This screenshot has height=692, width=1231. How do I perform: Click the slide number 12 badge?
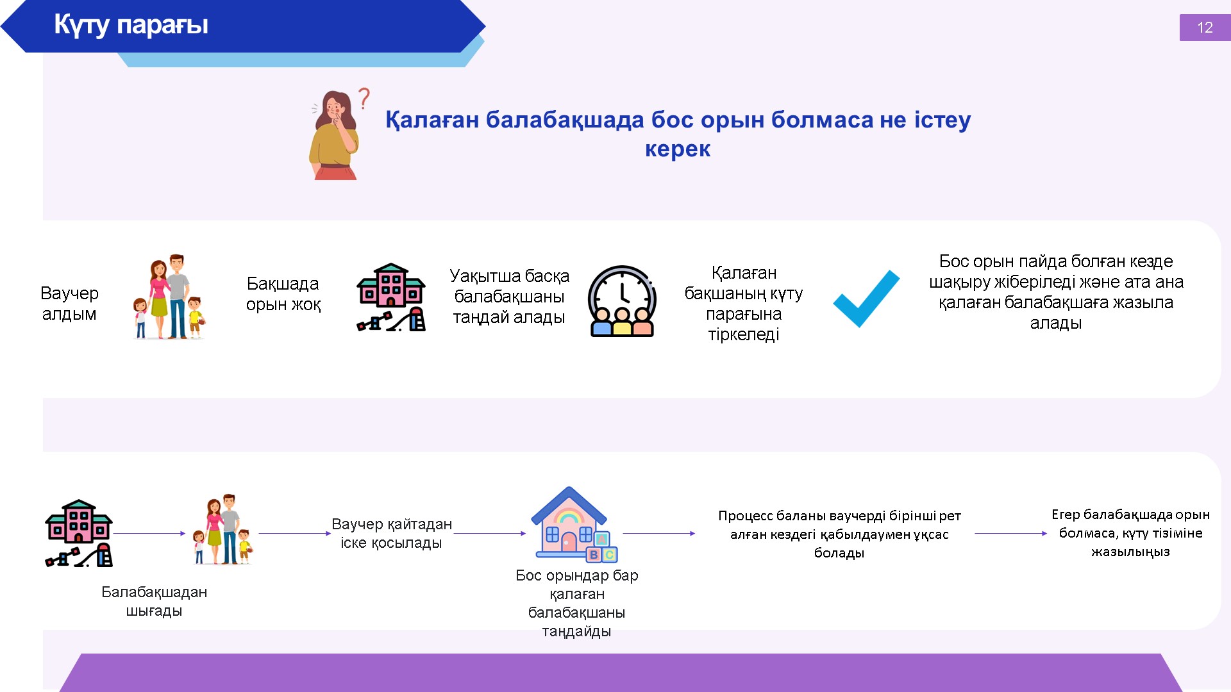coord(1205,28)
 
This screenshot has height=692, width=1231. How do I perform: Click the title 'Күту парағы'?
coord(131,25)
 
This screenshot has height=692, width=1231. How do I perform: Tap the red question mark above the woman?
coord(364,98)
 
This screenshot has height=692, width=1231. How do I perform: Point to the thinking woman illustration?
coord(334,135)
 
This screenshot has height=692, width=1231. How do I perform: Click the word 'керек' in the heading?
coord(678,149)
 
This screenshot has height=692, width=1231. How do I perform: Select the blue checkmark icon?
coord(866,299)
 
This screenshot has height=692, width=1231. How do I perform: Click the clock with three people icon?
coord(622,301)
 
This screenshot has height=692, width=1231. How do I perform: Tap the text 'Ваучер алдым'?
coord(69,303)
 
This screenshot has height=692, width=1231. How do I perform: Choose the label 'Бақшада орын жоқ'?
coord(283,293)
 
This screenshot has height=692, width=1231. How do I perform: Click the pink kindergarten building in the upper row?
coord(391,297)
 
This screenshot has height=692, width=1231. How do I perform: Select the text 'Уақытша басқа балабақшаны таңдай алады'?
coord(509,296)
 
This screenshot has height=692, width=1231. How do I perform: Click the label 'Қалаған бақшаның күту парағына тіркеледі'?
coord(744,303)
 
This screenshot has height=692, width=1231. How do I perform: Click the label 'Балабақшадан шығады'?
coord(154,601)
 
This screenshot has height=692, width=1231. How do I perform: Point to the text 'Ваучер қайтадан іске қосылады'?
coord(391,533)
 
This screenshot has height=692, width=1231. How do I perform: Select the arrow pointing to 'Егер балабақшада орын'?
coord(1010,533)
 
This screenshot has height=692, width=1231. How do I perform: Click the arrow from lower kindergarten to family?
coord(149,533)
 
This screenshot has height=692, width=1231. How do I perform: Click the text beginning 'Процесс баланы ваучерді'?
coord(839,534)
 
